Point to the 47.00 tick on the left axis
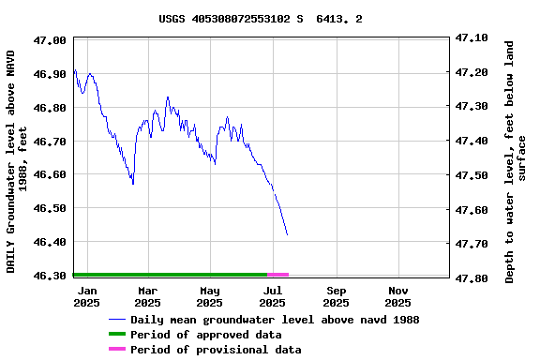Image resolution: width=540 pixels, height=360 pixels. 49,40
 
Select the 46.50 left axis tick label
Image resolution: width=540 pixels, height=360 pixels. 49,208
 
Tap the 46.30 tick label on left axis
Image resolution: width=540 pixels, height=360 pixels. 49,276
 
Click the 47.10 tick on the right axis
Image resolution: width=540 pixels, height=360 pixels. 472,37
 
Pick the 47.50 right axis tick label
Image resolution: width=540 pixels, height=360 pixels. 472,175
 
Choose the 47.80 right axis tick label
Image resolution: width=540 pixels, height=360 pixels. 472,278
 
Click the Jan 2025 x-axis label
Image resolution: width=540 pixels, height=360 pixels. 86,296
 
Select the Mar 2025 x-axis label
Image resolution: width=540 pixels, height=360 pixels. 147,296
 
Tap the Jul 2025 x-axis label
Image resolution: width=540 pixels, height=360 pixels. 272,296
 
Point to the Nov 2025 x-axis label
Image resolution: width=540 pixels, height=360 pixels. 397,296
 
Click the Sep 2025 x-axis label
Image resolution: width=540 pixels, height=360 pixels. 336,296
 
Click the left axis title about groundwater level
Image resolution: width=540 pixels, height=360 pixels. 18,160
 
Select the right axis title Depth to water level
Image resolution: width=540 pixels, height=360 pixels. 516,160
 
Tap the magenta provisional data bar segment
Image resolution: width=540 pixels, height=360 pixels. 278,275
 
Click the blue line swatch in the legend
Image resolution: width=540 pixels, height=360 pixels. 116,320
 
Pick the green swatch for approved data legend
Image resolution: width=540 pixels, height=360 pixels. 116,335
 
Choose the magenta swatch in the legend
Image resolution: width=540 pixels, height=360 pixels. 116,350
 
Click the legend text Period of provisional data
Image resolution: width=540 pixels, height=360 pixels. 216,350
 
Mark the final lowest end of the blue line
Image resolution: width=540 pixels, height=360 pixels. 287,234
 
